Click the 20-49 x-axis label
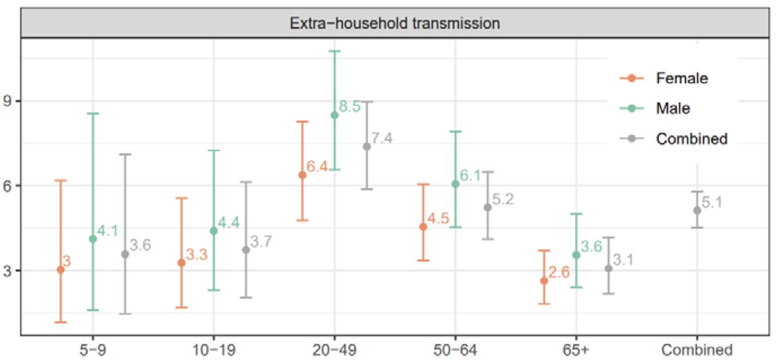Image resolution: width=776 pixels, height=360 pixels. [334, 350]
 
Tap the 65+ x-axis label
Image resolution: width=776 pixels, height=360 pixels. [576, 350]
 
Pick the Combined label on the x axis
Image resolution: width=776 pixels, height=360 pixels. [697, 350]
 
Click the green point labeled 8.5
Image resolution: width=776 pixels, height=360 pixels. [334, 115]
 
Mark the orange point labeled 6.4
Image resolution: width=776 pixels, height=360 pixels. [302, 175]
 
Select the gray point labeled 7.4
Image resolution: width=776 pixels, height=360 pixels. [367, 146]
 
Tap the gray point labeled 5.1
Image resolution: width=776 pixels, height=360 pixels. [697, 210]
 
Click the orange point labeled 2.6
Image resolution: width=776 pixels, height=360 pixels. [544, 281]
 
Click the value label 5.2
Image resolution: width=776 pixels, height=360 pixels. [502, 200]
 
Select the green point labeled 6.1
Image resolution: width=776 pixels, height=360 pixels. [455, 184]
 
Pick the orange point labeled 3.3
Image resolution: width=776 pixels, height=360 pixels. [181, 262]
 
